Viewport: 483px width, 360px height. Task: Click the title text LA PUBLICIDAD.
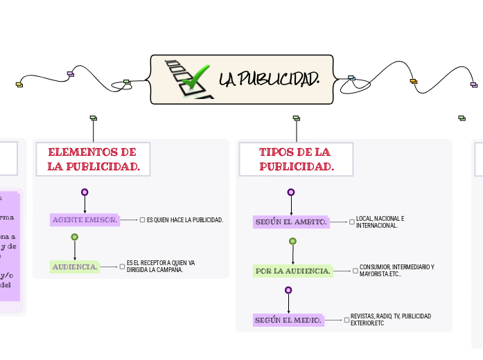click(x=270, y=80)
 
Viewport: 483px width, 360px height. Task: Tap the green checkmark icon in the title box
click(x=195, y=77)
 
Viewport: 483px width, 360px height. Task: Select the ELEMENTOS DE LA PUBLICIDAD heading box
click(x=93, y=159)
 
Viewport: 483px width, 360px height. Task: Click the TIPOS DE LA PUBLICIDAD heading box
click(x=296, y=159)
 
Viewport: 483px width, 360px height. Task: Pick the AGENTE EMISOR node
click(x=85, y=220)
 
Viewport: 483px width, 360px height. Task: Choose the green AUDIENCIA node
click(x=75, y=267)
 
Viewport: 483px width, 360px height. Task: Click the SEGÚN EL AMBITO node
click(x=290, y=222)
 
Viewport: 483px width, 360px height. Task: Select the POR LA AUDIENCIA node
click(x=293, y=271)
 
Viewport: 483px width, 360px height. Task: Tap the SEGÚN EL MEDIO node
click(x=288, y=321)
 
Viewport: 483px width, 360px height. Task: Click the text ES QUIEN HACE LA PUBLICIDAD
click(x=185, y=220)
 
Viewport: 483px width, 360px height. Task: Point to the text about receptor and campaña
click(x=161, y=267)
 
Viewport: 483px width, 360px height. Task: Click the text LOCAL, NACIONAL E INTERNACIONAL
click(x=380, y=222)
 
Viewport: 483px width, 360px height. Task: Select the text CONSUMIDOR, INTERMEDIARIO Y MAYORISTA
click(x=396, y=271)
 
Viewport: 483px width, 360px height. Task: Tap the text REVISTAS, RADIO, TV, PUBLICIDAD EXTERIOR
click(x=390, y=320)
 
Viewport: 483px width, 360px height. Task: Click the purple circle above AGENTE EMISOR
click(x=85, y=192)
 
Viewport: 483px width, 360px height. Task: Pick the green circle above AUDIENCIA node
click(x=75, y=237)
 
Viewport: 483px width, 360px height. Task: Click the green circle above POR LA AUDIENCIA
click(x=292, y=241)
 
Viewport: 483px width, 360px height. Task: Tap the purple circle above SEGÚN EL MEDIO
click(x=288, y=290)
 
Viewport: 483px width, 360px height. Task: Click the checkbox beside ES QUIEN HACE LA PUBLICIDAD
click(x=142, y=220)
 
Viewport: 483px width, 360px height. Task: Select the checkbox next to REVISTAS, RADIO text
click(x=346, y=320)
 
